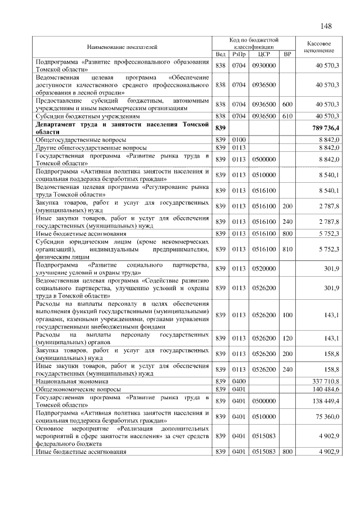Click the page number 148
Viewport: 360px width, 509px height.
coord(327,26)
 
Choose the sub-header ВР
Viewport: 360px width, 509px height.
coord(287,54)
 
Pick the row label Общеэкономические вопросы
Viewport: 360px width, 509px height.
coord(74,388)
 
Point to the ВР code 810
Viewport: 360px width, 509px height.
coord(287,248)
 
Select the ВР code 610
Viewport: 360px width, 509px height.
coord(287,116)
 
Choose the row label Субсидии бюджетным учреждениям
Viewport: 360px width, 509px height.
coord(80,116)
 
